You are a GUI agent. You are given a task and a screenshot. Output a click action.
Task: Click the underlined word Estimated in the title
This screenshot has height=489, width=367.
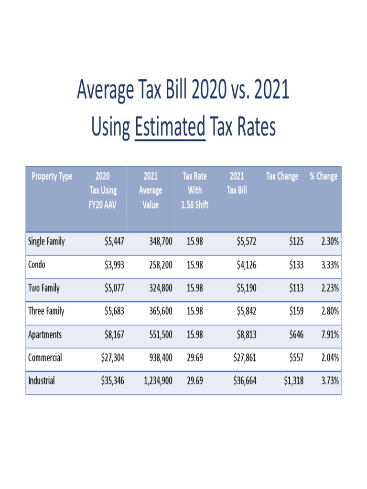[x=170, y=128]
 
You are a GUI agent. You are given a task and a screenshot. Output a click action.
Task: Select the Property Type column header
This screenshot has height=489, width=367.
[x=52, y=176]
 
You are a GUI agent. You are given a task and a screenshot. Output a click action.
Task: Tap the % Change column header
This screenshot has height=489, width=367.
[x=323, y=176]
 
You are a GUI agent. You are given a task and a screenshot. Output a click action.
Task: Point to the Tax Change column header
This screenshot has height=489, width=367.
[x=282, y=176]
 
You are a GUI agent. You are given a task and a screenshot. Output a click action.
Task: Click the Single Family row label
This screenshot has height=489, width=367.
[x=46, y=242]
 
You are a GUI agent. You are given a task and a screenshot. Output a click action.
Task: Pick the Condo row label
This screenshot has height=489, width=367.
[x=37, y=265]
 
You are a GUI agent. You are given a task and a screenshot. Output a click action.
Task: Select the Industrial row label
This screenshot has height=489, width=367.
[x=42, y=381]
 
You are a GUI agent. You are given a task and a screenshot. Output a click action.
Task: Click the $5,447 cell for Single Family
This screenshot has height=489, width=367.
[x=114, y=242]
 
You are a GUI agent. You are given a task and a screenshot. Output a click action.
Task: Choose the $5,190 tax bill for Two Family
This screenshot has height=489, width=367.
[x=246, y=288]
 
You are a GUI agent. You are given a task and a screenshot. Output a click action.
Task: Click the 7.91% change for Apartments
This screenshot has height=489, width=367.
[x=329, y=334]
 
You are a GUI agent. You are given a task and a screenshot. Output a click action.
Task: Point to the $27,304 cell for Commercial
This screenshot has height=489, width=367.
[x=112, y=358]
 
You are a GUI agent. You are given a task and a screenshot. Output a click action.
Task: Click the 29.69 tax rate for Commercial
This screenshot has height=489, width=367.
[x=195, y=358]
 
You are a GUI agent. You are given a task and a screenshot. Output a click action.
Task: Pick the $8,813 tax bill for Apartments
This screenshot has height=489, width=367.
[x=246, y=334]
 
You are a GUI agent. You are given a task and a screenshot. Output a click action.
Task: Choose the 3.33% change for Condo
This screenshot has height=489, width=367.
[x=329, y=265]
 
